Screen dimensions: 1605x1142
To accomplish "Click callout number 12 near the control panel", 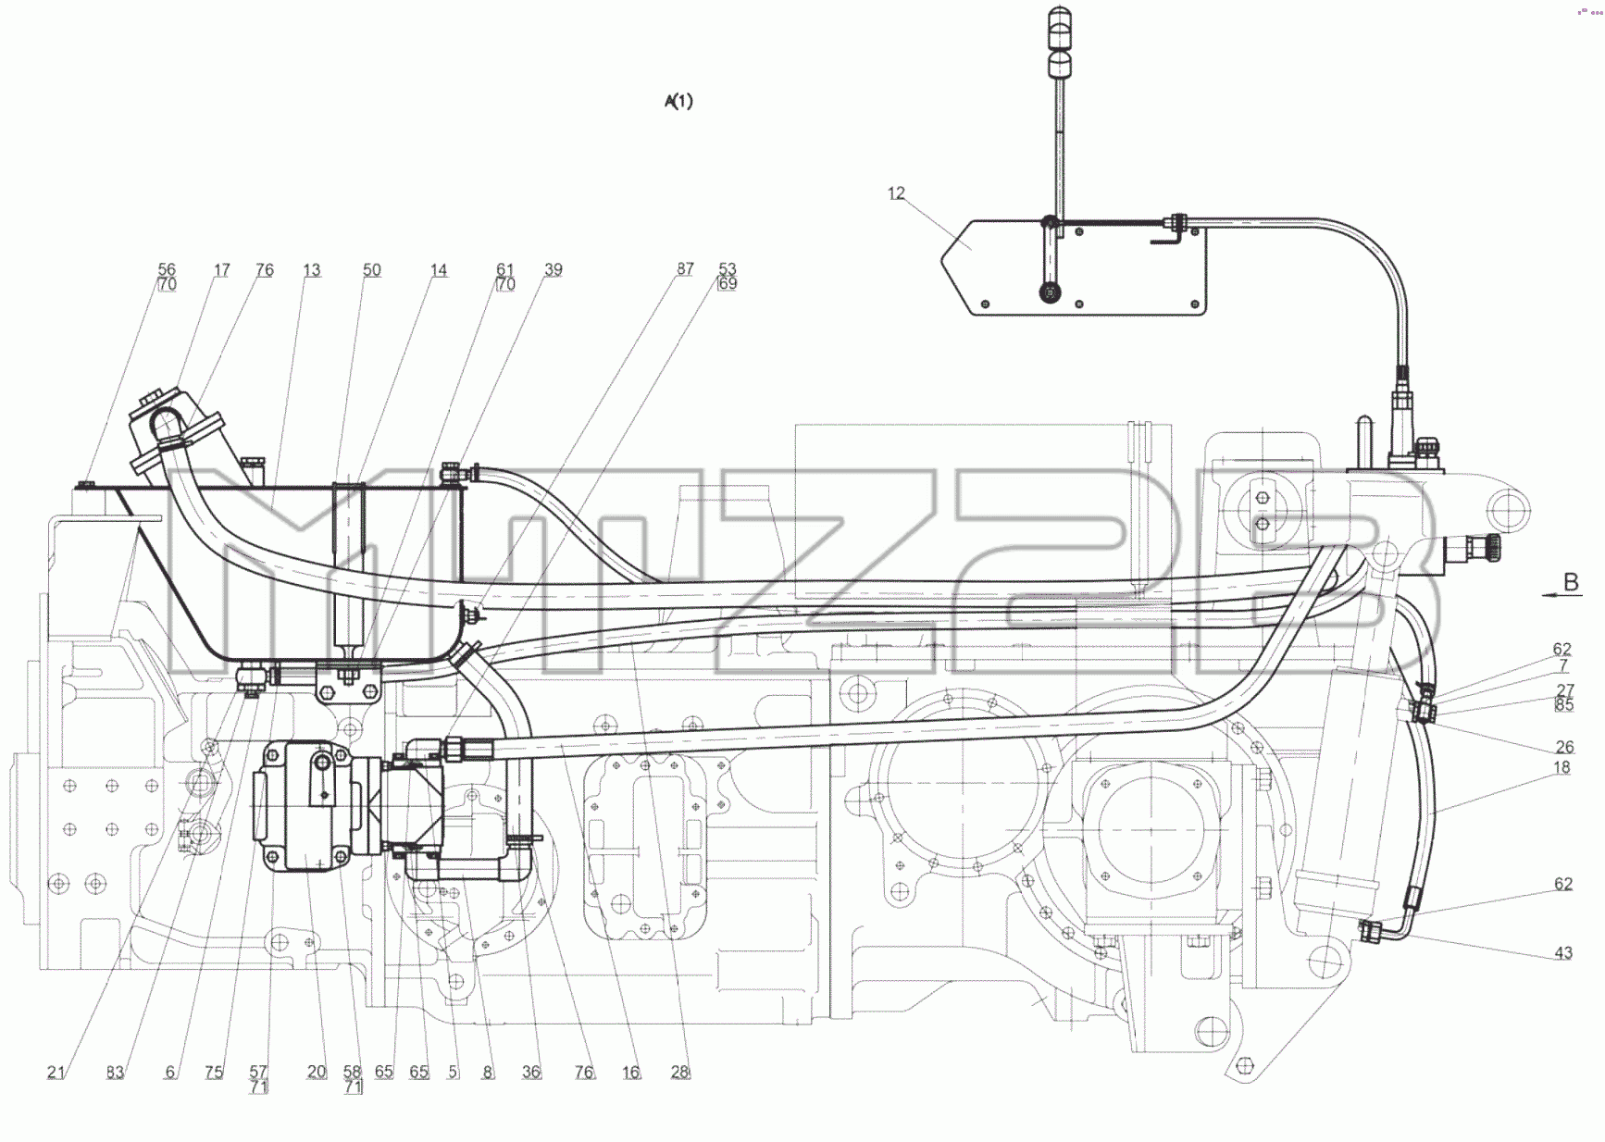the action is pyautogui.click(x=896, y=193).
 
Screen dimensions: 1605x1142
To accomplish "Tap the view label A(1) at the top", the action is pyautogui.click(x=678, y=101).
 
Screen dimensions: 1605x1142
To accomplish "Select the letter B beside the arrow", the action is pyautogui.click(x=1571, y=583).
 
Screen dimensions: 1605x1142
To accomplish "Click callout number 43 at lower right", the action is pyautogui.click(x=1563, y=952).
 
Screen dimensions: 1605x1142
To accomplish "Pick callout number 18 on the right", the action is pyautogui.click(x=1562, y=767).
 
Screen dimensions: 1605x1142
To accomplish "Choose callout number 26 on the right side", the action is pyautogui.click(x=1564, y=747).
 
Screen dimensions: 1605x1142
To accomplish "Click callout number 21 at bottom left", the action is pyautogui.click(x=56, y=1072).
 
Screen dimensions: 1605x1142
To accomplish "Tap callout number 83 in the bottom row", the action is pyautogui.click(x=115, y=1072).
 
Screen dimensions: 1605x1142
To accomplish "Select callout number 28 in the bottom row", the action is pyautogui.click(x=680, y=1072).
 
